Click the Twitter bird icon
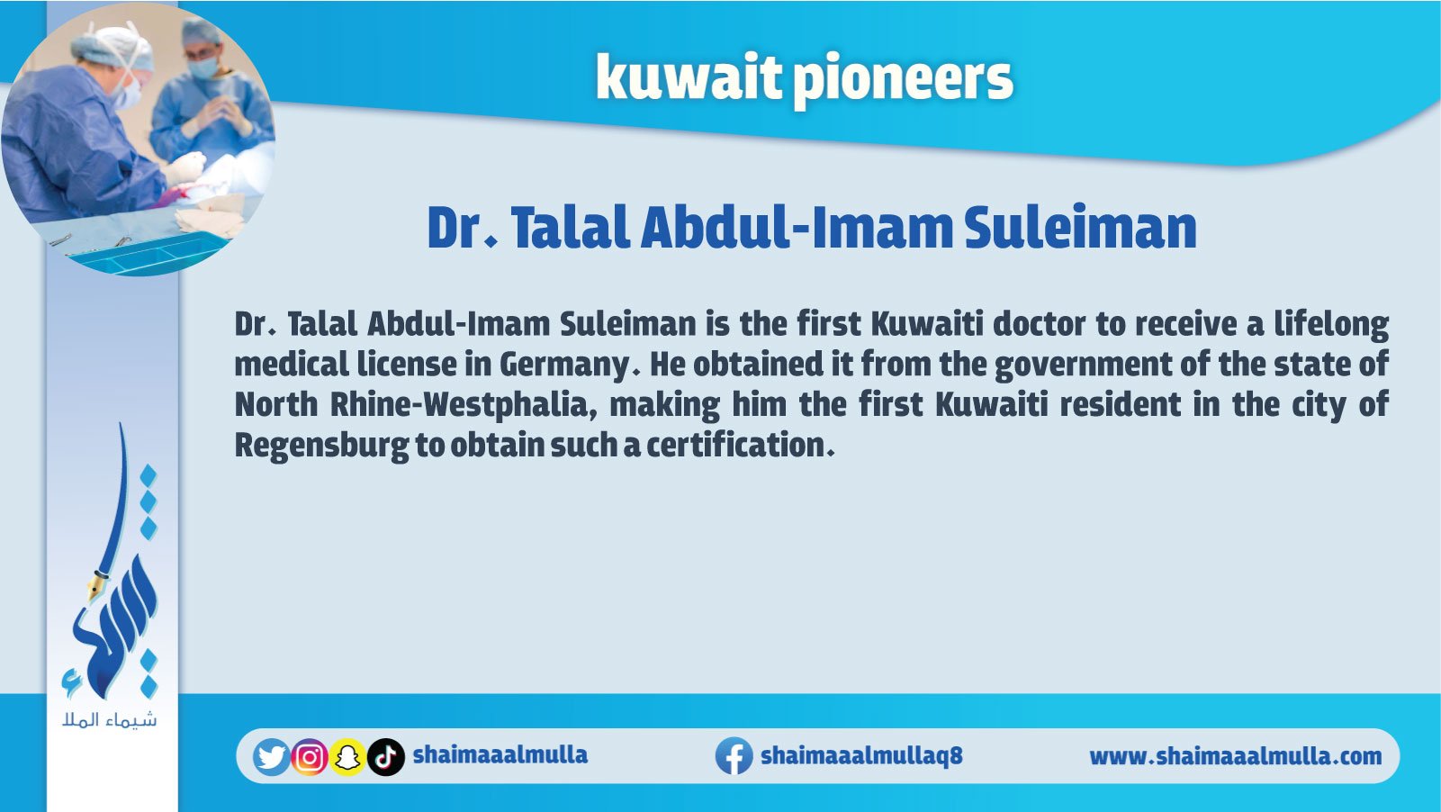click(x=271, y=756)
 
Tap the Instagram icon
click(x=310, y=757)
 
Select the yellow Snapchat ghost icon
click(x=347, y=757)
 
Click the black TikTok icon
click(x=386, y=757)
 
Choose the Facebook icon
click(x=734, y=756)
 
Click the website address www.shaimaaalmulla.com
click(x=1235, y=756)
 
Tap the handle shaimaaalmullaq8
click(x=861, y=755)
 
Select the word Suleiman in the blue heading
click(x=1080, y=228)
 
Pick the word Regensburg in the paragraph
click(x=321, y=447)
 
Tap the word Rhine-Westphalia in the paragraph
click(x=464, y=405)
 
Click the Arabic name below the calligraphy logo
click(x=110, y=720)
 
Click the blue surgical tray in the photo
click(x=147, y=254)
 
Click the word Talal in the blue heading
click(x=570, y=228)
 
